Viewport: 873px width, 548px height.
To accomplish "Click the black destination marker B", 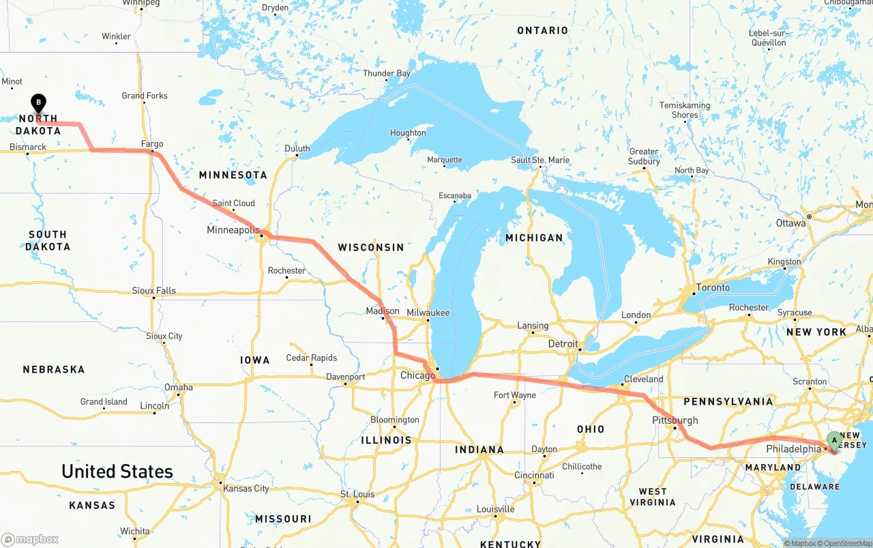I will pos(39,104).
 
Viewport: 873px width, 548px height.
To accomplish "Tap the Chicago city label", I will pos(417,376).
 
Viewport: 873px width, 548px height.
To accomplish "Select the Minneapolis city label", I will pos(233,230).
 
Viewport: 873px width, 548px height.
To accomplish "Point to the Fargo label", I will pos(152,144).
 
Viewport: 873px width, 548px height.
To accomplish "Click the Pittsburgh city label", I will pos(675,420).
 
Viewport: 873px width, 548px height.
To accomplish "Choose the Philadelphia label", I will pos(793,449).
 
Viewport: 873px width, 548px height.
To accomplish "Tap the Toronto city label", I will pos(713,287).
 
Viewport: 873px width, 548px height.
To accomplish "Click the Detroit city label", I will pos(563,344).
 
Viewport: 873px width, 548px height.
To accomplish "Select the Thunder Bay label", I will pos(387,74).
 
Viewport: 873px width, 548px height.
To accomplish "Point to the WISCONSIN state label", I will pos(371,247).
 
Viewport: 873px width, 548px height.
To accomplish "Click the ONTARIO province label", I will pos(542,31).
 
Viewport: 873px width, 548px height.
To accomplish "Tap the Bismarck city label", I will pos(28,147).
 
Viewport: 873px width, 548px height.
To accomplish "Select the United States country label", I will pos(117,472).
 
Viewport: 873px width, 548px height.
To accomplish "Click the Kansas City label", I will pos(246,489).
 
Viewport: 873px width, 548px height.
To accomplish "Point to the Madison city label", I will pos(383,311).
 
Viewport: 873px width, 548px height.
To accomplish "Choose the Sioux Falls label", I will pos(153,291).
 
